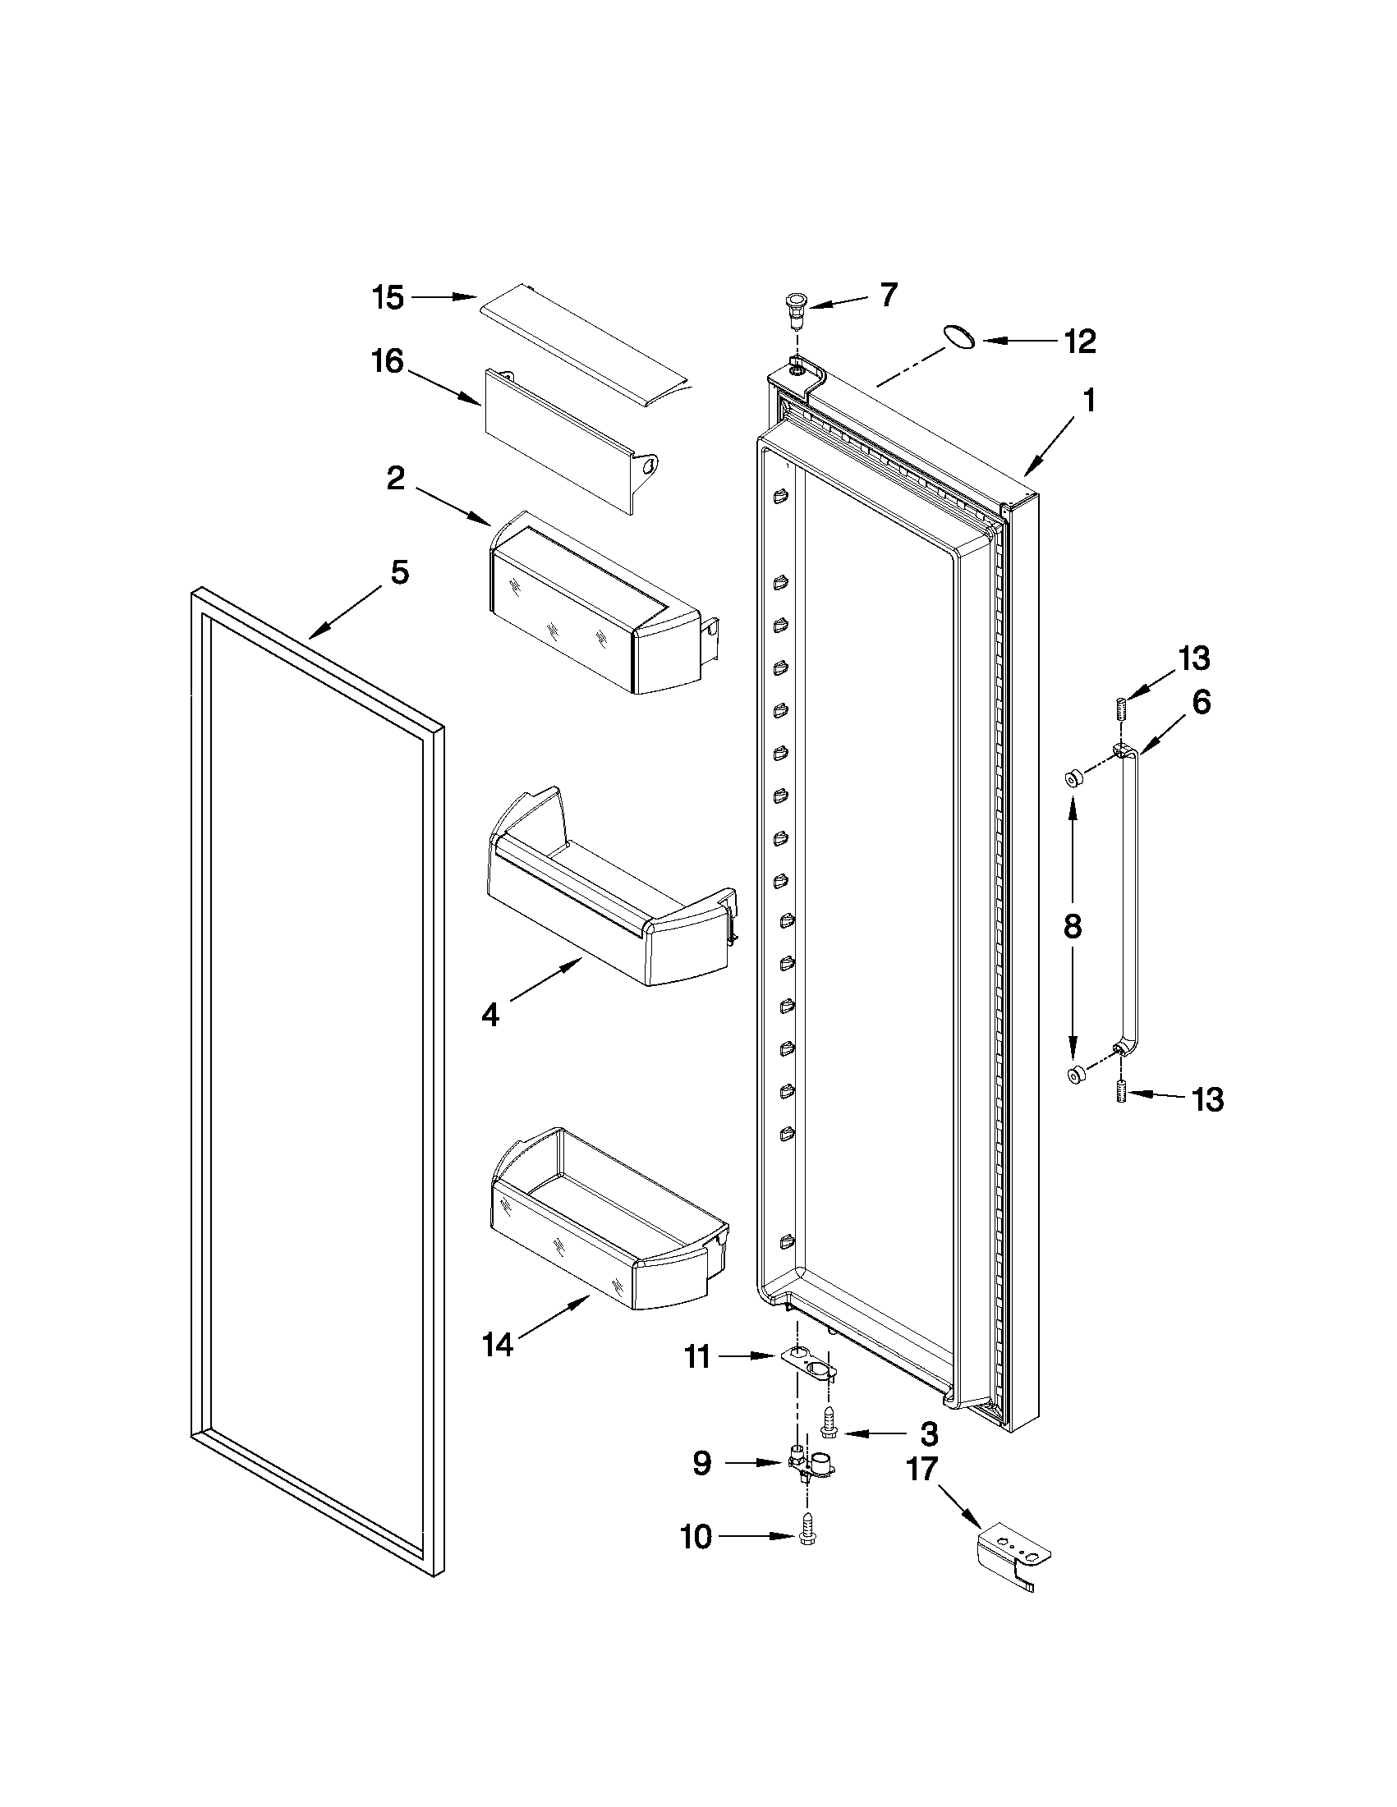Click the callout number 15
click(x=387, y=297)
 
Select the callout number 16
click(x=387, y=361)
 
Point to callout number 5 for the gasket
click(x=400, y=572)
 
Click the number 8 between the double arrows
click(x=1072, y=927)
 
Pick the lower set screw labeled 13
click(x=1122, y=1093)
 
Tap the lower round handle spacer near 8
click(x=1075, y=1075)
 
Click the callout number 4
click(x=491, y=1016)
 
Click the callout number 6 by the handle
click(x=1201, y=703)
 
